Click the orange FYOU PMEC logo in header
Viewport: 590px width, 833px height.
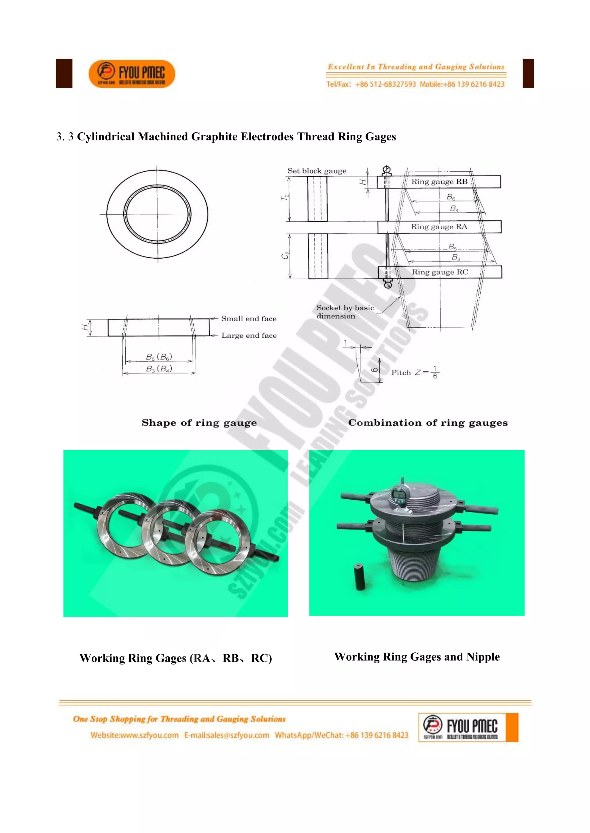point(132,74)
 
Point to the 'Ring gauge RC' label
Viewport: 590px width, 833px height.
point(440,272)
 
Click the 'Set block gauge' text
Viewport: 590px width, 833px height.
point(317,171)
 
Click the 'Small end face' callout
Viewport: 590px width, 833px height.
point(249,318)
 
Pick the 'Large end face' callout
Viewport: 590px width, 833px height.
point(249,336)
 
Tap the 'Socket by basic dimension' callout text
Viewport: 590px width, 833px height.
point(345,312)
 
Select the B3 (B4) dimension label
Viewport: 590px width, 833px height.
point(159,369)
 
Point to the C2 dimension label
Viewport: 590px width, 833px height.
point(285,255)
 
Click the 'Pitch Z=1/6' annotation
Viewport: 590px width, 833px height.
point(415,372)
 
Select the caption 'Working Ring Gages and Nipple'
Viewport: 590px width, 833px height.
point(417,657)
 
